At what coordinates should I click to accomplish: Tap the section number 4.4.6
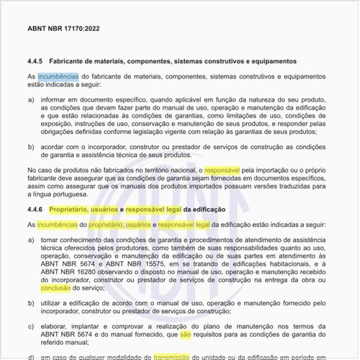coord(37,209)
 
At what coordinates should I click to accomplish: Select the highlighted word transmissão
coord(176,355)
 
